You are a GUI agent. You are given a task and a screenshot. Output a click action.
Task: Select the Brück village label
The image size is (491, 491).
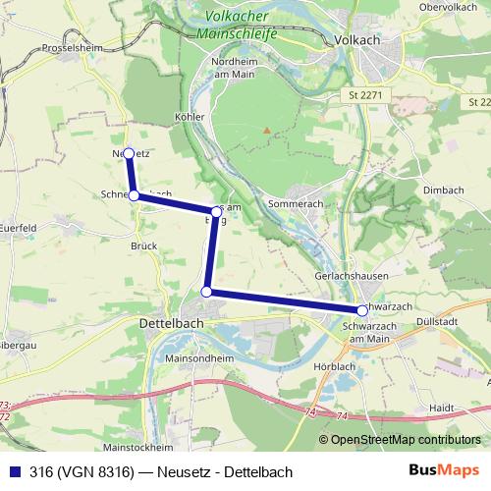(142, 246)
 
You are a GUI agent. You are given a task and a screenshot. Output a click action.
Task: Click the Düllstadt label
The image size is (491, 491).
(437, 320)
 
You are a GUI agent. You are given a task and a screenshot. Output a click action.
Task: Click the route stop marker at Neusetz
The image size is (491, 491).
(128, 152)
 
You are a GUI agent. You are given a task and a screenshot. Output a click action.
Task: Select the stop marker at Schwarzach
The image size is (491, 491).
(362, 310)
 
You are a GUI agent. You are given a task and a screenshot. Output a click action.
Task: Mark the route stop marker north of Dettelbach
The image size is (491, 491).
(206, 291)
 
